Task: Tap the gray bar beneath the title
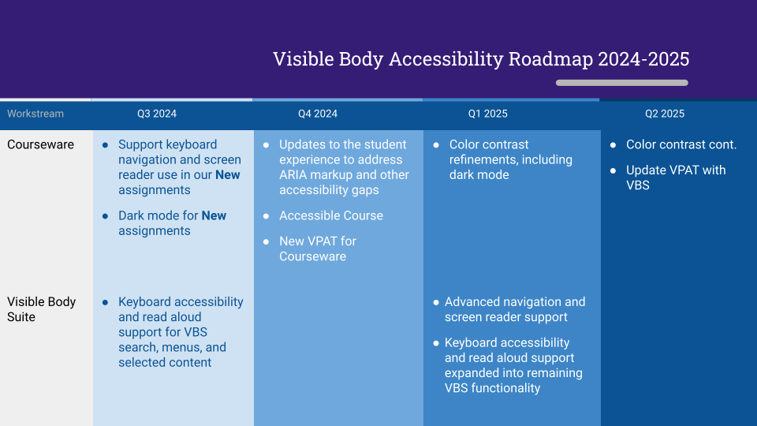pyautogui.click(x=621, y=83)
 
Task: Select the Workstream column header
pyautogui.click(x=35, y=114)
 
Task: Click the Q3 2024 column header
pyautogui.click(x=157, y=114)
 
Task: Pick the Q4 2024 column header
pyautogui.click(x=318, y=114)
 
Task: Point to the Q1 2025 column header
pyautogui.click(x=488, y=114)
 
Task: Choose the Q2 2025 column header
pyautogui.click(x=665, y=114)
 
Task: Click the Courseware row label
pyautogui.click(x=40, y=144)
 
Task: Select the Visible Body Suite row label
pyautogui.click(x=41, y=309)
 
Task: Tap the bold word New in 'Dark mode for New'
pyautogui.click(x=214, y=215)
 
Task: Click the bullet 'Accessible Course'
pyautogui.click(x=331, y=215)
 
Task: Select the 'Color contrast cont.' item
pyautogui.click(x=681, y=144)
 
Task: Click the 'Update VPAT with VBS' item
pyautogui.click(x=676, y=177)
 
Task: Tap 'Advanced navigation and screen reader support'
pyautogui.click(x=515, y=309)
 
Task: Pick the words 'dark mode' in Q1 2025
pyautogui.click(x=479, y=174)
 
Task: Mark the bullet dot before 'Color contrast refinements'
pyautogui.click(x=436, y=145)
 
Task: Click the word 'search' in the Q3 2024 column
pyautogui.click(x=138, y=347)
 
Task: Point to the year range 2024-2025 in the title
pyautogui.click(x=643, y=59)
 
